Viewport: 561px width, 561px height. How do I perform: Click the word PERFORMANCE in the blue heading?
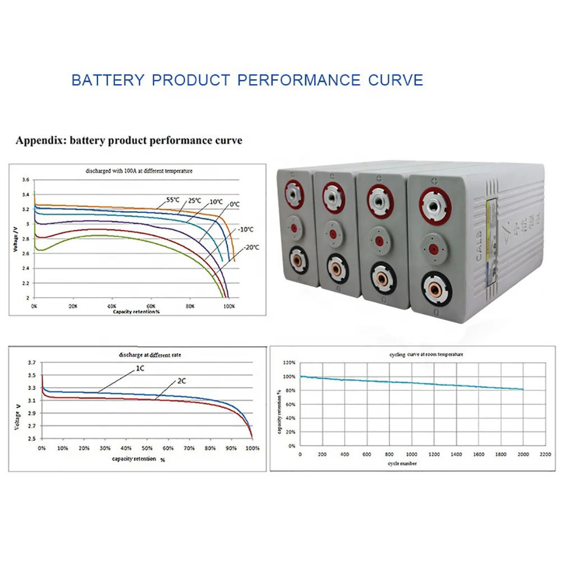coord(298,80)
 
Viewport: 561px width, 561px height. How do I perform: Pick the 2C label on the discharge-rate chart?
coord(182,381)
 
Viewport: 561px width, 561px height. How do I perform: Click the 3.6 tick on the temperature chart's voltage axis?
coord(25,180)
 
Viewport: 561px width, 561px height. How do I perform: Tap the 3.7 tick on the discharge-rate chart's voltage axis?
coord(31,363)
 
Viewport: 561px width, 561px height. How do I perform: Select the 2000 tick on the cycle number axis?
coord(523,454)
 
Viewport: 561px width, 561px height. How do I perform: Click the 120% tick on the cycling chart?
coord(289,362)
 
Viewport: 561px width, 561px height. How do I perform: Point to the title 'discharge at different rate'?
coord(150,355)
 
